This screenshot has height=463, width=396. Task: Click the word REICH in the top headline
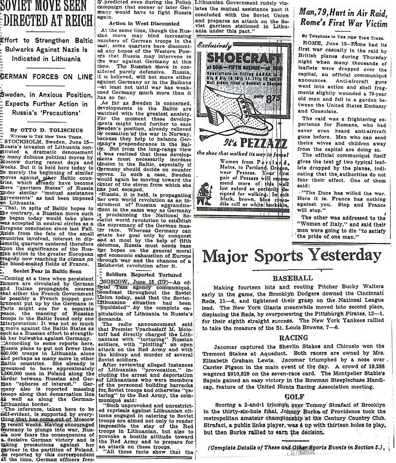pyautogui.click(x=75, y=21)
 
